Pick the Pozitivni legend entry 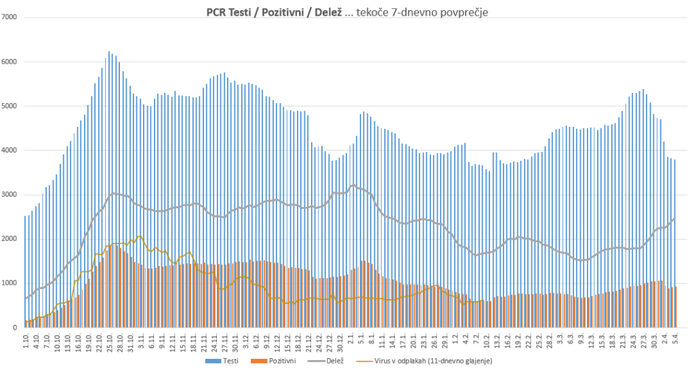pyautogui.click(x=273, y=361)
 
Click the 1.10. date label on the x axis pyautogui.click(x=26, y=340)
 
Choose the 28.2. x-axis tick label pyautogui.click(x=549, y=340)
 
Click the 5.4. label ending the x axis pyautogui.click(x=676, y=339)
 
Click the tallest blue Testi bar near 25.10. pyautogui.click(x=109, y=190)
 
